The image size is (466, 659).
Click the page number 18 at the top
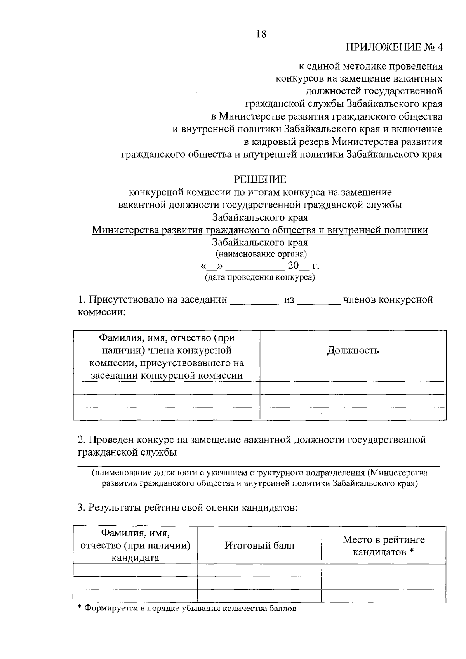coord(261,34)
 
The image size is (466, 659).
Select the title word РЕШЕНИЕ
coord(260,179)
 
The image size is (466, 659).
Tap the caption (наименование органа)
coord(261,254)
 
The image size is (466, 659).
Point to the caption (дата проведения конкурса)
coord(260,277)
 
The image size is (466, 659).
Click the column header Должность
coord(353,351)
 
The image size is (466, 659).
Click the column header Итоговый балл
coord(259,546)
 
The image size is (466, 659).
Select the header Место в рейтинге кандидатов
coord(383,546)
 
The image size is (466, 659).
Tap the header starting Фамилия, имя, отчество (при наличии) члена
coord(167,356)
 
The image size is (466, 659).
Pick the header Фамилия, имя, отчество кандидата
coord(135,546)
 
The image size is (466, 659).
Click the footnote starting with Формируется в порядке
coord(186,609)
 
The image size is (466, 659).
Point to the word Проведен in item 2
coord(112,440)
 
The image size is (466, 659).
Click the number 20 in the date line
coord(293,266)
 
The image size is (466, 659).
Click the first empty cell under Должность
coord(353,388)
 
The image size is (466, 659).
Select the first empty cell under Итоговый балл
coord(259,570)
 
